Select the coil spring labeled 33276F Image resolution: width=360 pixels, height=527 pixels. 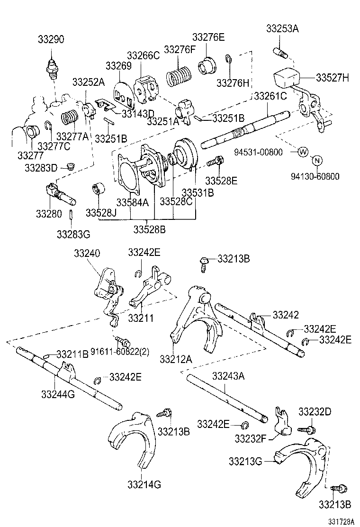[x=179, y=75]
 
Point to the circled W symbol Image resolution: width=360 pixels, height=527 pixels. [x=302, y=152]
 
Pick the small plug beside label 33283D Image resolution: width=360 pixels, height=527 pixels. [x=72, y=166]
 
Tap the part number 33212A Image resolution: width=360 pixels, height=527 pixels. [x=176, y=358]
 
